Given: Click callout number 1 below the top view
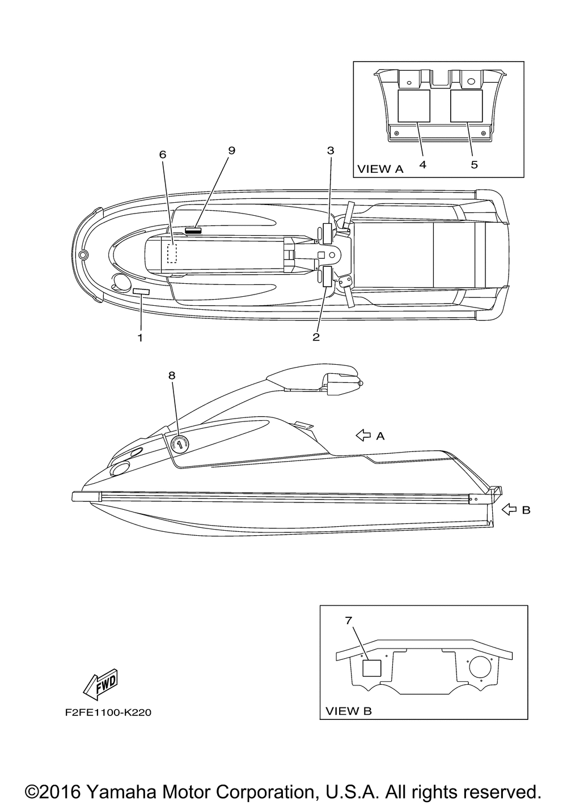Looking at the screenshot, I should pos(139,338).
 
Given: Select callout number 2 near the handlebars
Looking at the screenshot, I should pos(316,338).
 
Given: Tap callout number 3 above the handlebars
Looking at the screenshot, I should pos(331,151).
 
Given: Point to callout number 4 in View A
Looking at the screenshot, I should pos(423,164).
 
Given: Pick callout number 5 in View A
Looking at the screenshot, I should pos(474,164).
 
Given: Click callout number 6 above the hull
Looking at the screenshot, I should pos(163,154).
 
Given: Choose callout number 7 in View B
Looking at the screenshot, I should pos(349,621).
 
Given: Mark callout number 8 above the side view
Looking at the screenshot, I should pos(172,375).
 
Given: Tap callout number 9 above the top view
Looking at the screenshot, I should pos(231,150).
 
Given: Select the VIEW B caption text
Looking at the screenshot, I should pos(349,711).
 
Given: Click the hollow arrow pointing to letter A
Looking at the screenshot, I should pos(362,435).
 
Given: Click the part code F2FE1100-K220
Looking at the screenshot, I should pos(108,713).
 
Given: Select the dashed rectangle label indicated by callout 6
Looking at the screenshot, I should pos(172,253).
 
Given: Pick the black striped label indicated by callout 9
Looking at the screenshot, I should pos(193,230).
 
